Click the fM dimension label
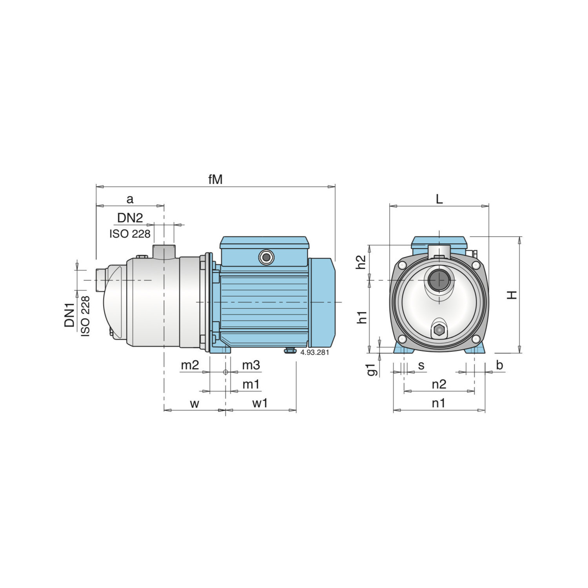click(x=215, y=179)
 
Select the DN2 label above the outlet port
click(x=130, y=218)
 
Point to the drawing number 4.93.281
click(x=314, y=352)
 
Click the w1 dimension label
click(x=260, y=403)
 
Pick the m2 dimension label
click(x=190, y=365)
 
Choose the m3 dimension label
click(x=251, y=365)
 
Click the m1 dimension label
click(x=251, y=385)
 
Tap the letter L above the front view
click(x=439, y=199)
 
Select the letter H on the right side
click(x=512, y=295)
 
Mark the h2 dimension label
click(x=361, y=262)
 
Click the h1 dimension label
click(x=362, y=317)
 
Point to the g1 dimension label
click(x=372, y=369)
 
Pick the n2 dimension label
click(x=439, y=384)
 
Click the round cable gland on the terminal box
click(x=266, y=258)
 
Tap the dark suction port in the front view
click(x=439, y=280)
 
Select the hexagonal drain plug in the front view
click(x=439, y=330)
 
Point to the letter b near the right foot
click(x=499, y=365)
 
